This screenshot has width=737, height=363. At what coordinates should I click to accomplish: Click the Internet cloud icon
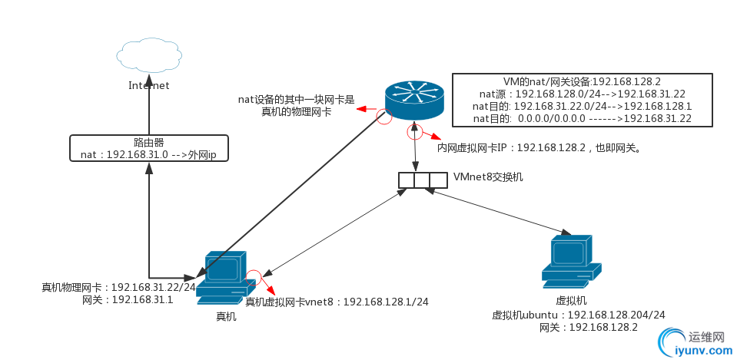tap(149, 54)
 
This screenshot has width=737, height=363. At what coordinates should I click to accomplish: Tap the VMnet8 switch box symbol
tap(423, 180)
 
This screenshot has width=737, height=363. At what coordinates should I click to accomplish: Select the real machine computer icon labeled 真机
tap(224, 277)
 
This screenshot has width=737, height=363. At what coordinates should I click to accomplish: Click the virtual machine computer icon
tap(571, 261)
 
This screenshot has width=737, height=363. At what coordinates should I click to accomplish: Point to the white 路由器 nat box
tap(149, 148)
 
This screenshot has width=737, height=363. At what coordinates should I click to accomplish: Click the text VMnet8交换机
tap(489, 177)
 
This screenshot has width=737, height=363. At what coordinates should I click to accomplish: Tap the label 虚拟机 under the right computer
tap(571, 301)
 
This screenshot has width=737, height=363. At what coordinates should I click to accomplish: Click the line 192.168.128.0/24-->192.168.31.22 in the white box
tap(581, 94)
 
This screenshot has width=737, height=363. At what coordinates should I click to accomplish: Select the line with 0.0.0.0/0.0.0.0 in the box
tap(581, 118)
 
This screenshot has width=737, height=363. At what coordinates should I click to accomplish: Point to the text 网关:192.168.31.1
tap(128, 300)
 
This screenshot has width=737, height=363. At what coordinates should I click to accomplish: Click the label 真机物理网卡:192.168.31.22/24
tap(119, 288)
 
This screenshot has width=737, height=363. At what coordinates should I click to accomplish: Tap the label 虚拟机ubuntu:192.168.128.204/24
tap(578, 315)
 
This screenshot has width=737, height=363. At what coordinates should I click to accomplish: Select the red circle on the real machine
tap(254, 277)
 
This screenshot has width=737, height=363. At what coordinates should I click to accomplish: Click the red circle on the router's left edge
tap(383, 116)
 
